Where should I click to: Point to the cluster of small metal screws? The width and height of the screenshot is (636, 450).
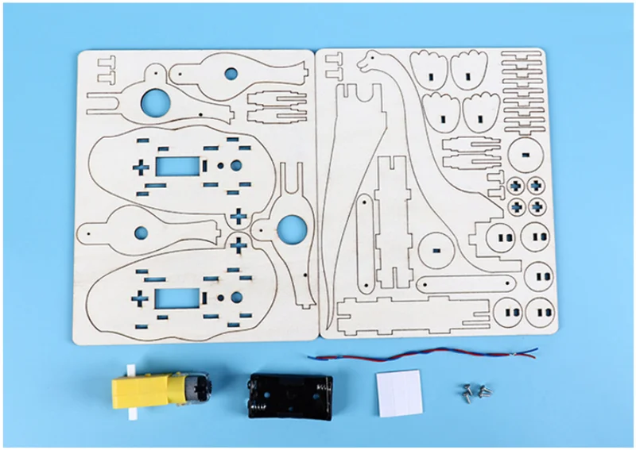coord(475,390)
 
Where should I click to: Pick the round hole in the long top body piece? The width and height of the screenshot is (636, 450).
coord(231,73)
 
